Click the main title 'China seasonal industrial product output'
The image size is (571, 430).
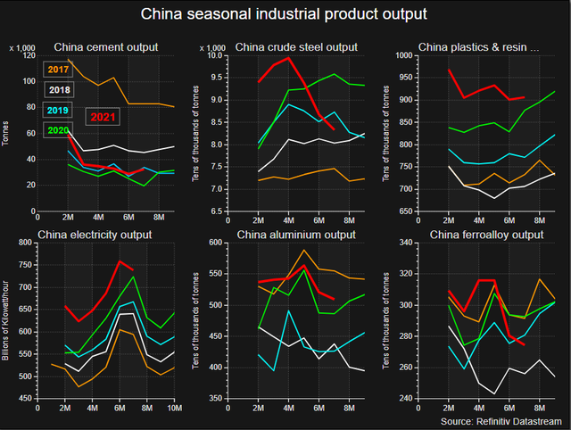click(x=285, y=14)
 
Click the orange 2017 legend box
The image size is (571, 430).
click(x=59, y=69)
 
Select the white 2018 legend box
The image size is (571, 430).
click(x=59, y=90)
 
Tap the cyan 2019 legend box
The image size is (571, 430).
click(x=59, y=111)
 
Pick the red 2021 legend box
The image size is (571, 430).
click(x=103, y=117)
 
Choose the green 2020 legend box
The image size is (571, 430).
click(x=59, y=131)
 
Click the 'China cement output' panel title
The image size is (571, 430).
click(x=106, y=47)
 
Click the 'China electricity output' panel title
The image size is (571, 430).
click(x=95, y=236)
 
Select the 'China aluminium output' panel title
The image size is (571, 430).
click(x=295, y=236)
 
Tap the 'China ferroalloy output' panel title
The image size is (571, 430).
click(x=486, y=236)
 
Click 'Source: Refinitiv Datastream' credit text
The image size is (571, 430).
click(x=502, y=419)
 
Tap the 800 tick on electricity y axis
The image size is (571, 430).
click(x=24, y=244)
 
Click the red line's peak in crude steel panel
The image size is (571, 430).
click(x=288, y=58)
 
